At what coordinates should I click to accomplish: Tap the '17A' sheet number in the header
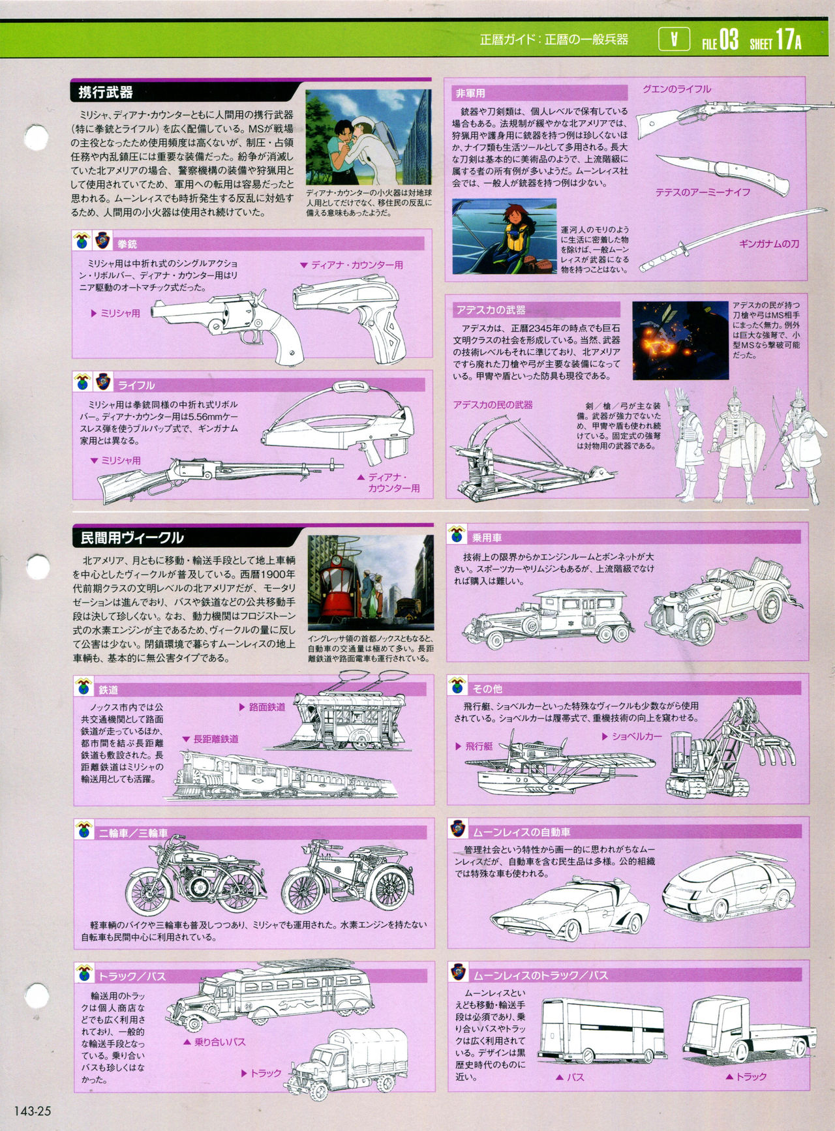click(788, 40)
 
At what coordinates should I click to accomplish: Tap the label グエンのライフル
click(676, 89)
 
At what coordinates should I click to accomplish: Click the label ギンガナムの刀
click(769, 243)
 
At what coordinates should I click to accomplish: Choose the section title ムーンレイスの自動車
click(521, 832)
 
